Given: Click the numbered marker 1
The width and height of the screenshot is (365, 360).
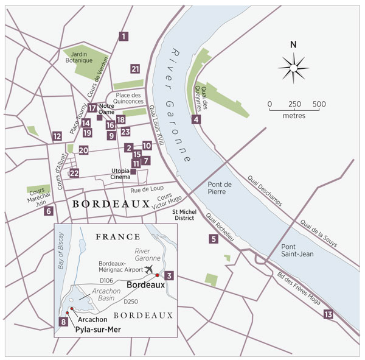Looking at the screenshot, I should (124, 36).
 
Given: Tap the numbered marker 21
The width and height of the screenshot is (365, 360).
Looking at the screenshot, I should (135, 69).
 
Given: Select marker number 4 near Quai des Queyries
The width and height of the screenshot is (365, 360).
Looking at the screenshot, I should (196, 119).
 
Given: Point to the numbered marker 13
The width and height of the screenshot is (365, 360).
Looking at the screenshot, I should (328, 314).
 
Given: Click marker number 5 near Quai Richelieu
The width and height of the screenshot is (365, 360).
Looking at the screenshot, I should (214, 239).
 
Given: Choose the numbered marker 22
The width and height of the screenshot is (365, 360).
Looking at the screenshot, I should (49, 211).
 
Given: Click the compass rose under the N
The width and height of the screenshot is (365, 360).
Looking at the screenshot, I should (293, 66).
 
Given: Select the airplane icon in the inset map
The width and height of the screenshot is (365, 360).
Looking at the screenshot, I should (148, 269).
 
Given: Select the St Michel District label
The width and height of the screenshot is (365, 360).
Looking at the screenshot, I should (183, 214).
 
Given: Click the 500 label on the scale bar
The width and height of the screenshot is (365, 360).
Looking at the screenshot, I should (319, 104).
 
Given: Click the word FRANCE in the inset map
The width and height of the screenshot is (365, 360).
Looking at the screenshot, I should (119, 236).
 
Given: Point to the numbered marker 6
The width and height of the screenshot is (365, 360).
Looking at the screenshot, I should (49, 211).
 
